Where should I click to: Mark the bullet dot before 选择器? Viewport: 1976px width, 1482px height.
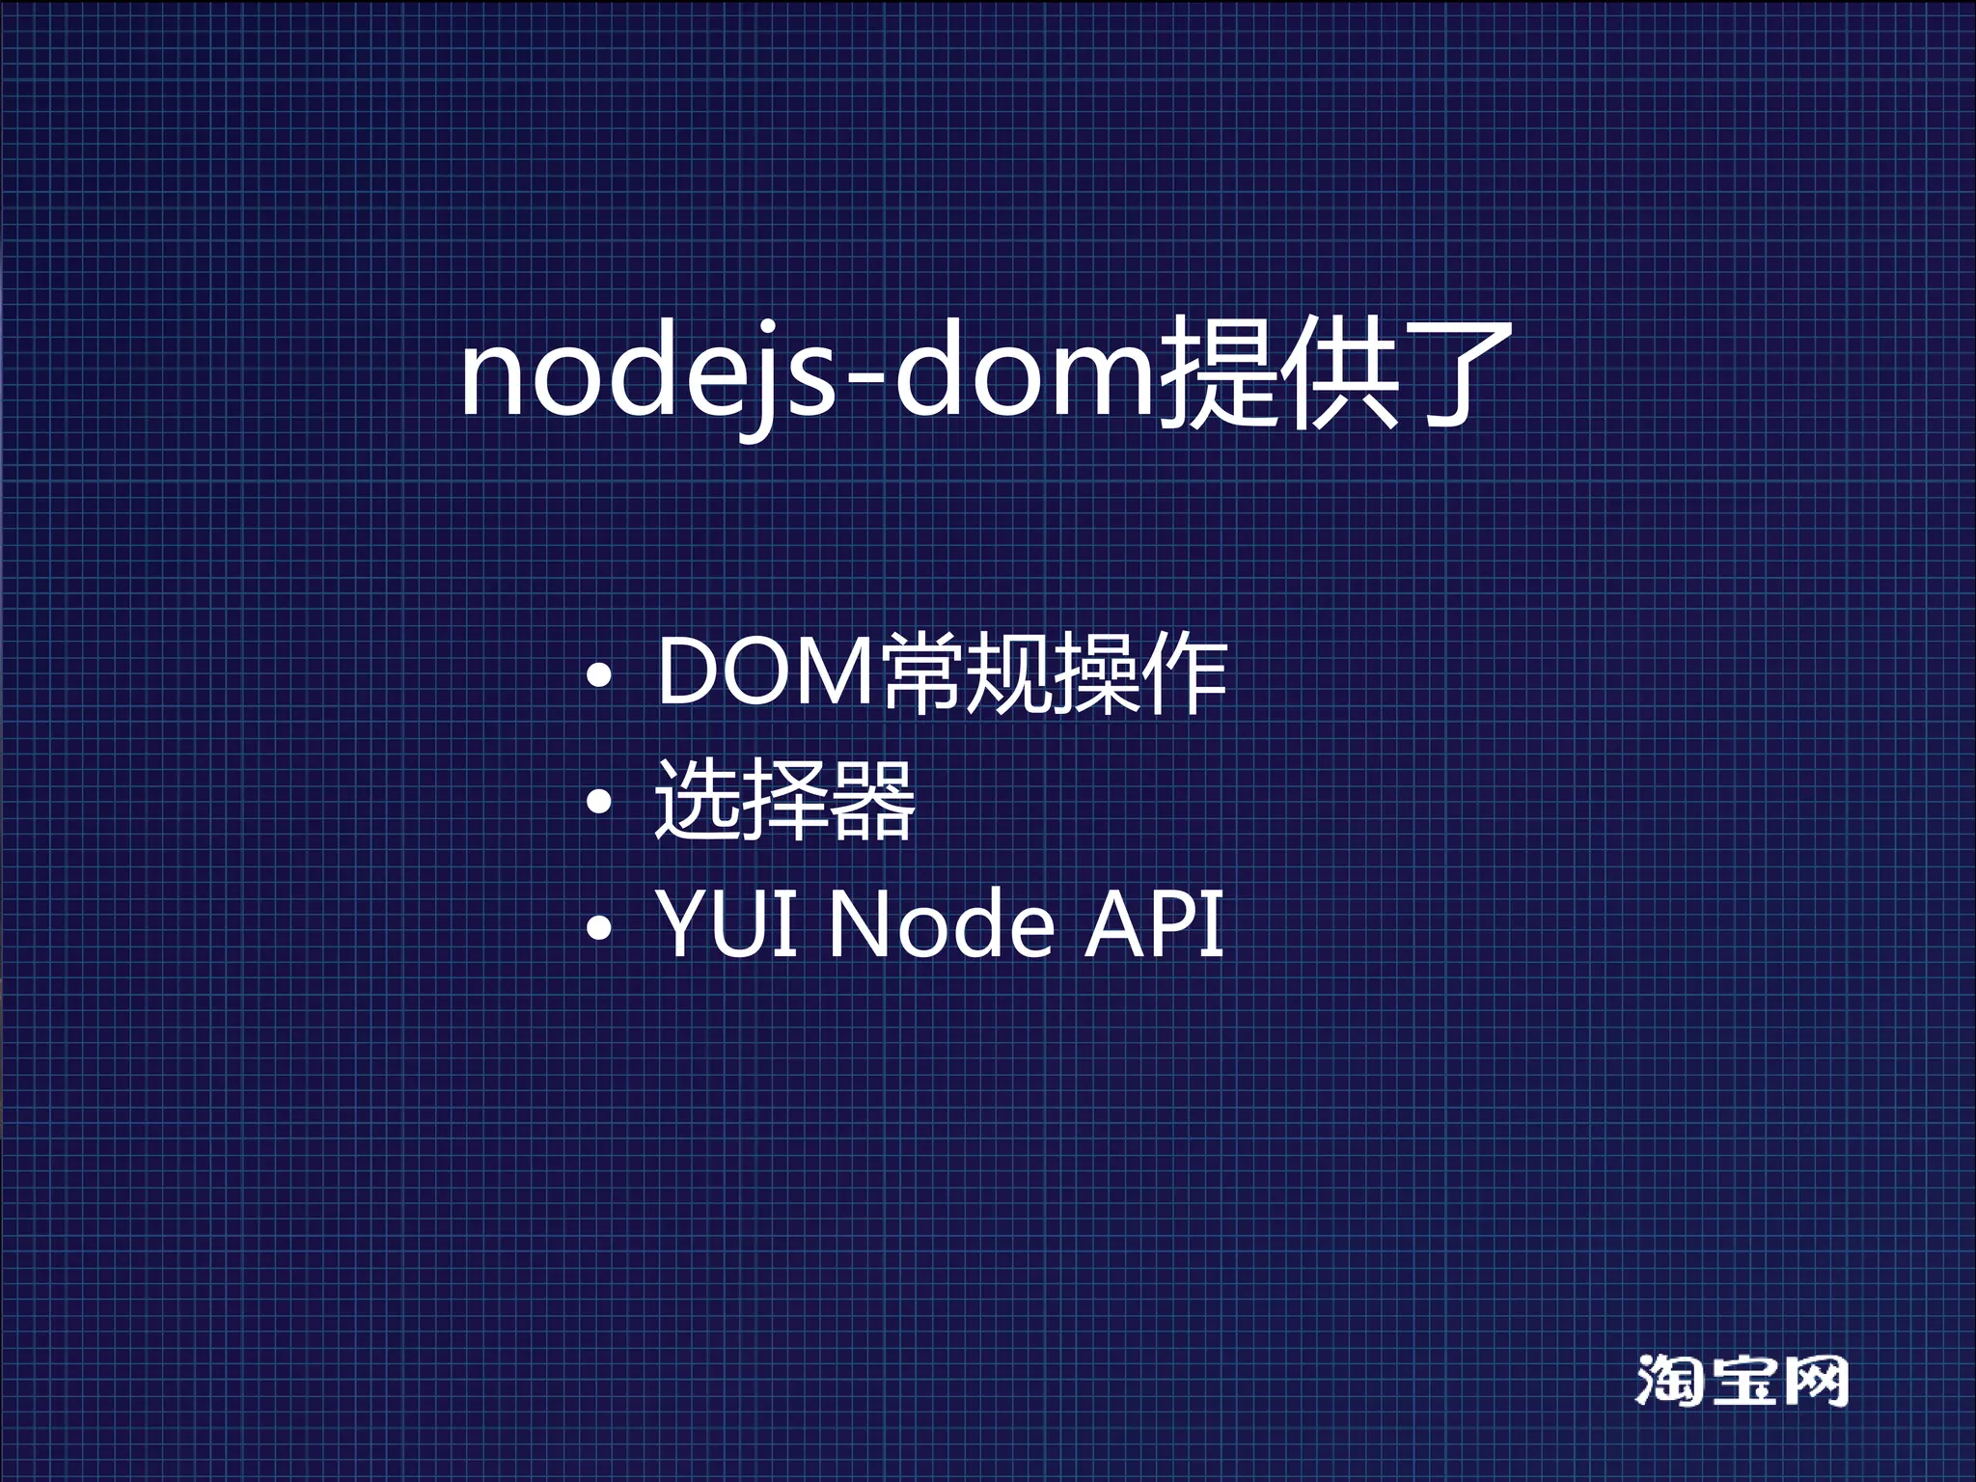[x=599, y=801]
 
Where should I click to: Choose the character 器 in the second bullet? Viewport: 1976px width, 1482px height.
[x=872, y=799]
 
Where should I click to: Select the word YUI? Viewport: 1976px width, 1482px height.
[x=727, y=924]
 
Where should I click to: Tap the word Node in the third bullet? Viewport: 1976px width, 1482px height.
[x=941, y=924]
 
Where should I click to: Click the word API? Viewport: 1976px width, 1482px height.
[x=1154, y=924]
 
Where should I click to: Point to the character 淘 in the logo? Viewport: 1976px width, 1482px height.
[x=1670, y=1381]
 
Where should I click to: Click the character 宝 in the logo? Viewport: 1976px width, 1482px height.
[x=1743, y=1381]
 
